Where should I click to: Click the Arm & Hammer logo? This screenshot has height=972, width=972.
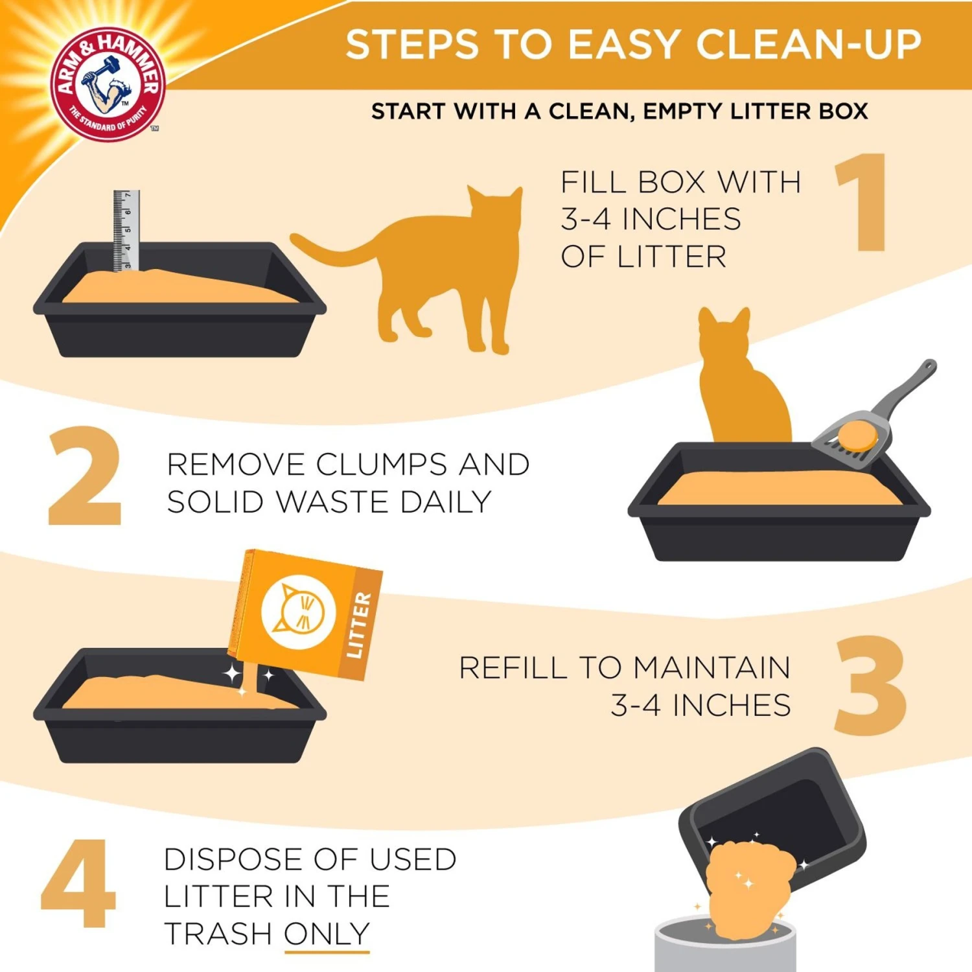(108, 84)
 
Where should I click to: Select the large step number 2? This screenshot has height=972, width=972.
(84, 476)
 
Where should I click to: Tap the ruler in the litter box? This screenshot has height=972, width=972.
(126, 230)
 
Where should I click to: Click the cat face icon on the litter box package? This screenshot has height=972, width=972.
(298, 612)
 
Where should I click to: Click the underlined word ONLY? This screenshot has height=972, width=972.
(327, 934)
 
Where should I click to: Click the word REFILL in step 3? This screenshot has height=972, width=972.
(513, 668)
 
